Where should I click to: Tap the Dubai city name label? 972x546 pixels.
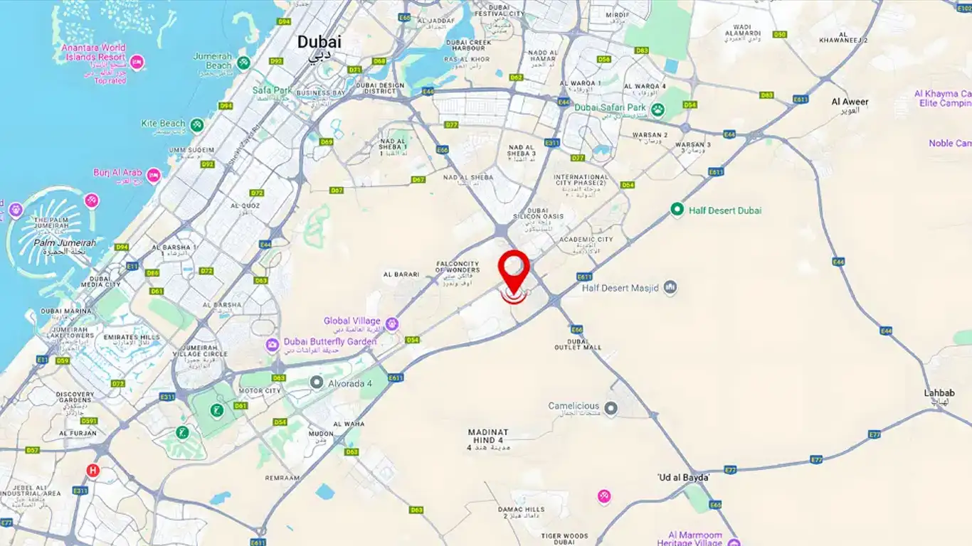pyautogui.click(x=319, y=42)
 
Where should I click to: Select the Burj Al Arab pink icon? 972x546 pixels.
pyautogui.click(x=154, y=175)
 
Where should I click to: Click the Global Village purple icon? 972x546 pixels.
pyautogui.click(x=391, y=324)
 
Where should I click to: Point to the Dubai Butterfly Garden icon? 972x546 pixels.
pyautogui.click(x=273, y=345)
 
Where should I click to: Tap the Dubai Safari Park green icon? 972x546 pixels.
pyautogui.click(x=658, y=109)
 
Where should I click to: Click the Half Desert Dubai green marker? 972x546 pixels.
pyautogui.click(x=677, y=210)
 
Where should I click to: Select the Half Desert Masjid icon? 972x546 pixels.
pyautogui.click(x=670, y=287)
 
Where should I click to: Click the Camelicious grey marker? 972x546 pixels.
pyautogui.click(x=611, y=408)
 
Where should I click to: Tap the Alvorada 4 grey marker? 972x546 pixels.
pyautogui.click(x=317, y=382)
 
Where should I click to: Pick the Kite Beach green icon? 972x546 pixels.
pyautogui.click(x=196, y=125)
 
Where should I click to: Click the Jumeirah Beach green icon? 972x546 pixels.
pyautogui.click(x=244, y=63)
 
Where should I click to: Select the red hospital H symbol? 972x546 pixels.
pyautogui.click(x=93, y=470)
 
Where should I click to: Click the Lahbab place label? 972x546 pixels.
pyautogui.click(x=939, y=392)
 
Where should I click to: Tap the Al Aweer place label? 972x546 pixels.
pyautogui.click(x=850, y=102)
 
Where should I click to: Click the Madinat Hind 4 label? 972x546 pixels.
pyautogui.click(x=488, y=436)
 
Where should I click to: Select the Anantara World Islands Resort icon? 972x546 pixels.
pyautogui.click(x=137, y=63)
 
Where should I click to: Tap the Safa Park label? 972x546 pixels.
pyautogui.click(x=273, y=90)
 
